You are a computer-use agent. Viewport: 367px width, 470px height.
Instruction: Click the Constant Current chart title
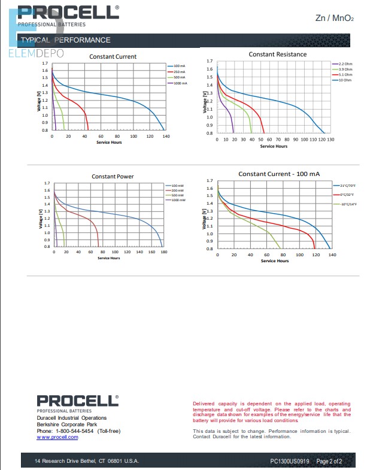coord(113,57)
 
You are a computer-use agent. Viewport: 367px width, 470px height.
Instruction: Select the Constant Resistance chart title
coord(277,54)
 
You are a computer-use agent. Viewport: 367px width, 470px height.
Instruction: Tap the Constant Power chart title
coord(113,177)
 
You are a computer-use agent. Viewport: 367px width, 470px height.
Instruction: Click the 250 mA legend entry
coord(180,71)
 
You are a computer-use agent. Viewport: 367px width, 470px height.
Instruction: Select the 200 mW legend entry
coord(178,190)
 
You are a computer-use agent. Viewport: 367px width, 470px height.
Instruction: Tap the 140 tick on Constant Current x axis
coord(166,137)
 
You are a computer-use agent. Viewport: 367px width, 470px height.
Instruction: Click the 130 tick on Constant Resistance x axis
coord(330,139)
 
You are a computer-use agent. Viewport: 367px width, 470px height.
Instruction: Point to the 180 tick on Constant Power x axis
coord(163,252)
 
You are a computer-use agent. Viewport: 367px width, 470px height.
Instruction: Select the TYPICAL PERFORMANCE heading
coord(66,40)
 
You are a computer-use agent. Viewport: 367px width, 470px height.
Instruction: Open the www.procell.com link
coord(57,437)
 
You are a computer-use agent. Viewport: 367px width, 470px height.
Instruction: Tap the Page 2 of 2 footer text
coord(329,461)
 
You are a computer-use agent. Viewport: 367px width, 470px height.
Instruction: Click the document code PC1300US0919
coord(290,461)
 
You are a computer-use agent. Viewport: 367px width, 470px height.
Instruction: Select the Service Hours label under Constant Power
coord(108,258)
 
